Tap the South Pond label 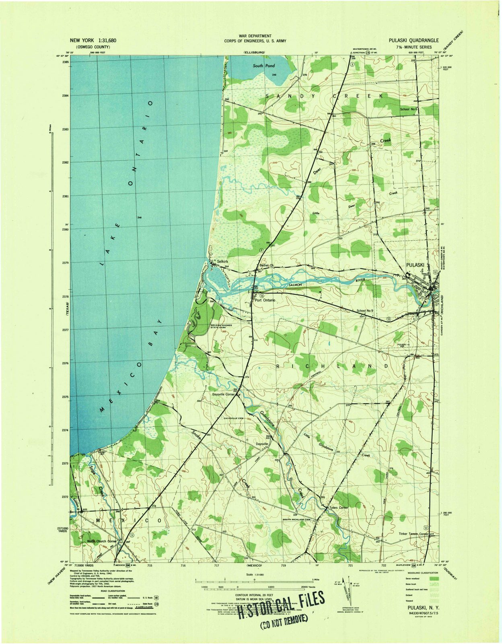tap(264, 66)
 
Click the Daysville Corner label tap(223, 394)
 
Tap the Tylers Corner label tap(338, 508)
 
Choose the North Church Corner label tap(101, 541)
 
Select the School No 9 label tap(365, 310)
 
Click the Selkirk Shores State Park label tap(222, 326)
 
